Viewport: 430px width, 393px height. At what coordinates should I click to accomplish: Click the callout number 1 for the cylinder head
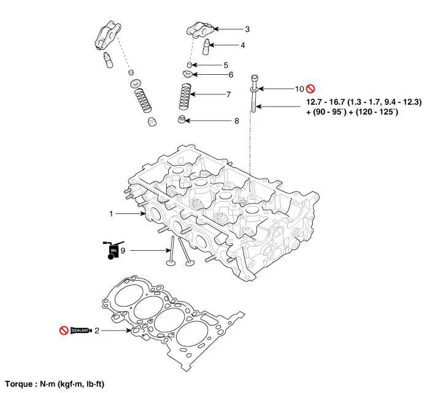(111, 214)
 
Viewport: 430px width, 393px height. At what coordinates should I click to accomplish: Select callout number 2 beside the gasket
(96, 330)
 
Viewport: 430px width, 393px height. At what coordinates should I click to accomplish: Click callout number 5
(226, 64)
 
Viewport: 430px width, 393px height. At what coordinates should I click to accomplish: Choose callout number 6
(231, 75)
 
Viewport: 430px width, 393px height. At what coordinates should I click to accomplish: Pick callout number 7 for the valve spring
(228, 94)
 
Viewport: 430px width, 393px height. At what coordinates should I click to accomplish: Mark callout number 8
(236, 121)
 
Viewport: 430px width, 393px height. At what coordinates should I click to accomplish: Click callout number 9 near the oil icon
(123, 250)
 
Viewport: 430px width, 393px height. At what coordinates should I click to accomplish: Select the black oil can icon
(113, 249)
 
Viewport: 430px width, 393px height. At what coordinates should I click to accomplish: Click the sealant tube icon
(81, 330)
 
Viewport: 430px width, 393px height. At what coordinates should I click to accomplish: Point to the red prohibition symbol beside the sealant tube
(63, 330)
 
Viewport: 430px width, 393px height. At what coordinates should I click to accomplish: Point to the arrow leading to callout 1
(128, 214)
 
